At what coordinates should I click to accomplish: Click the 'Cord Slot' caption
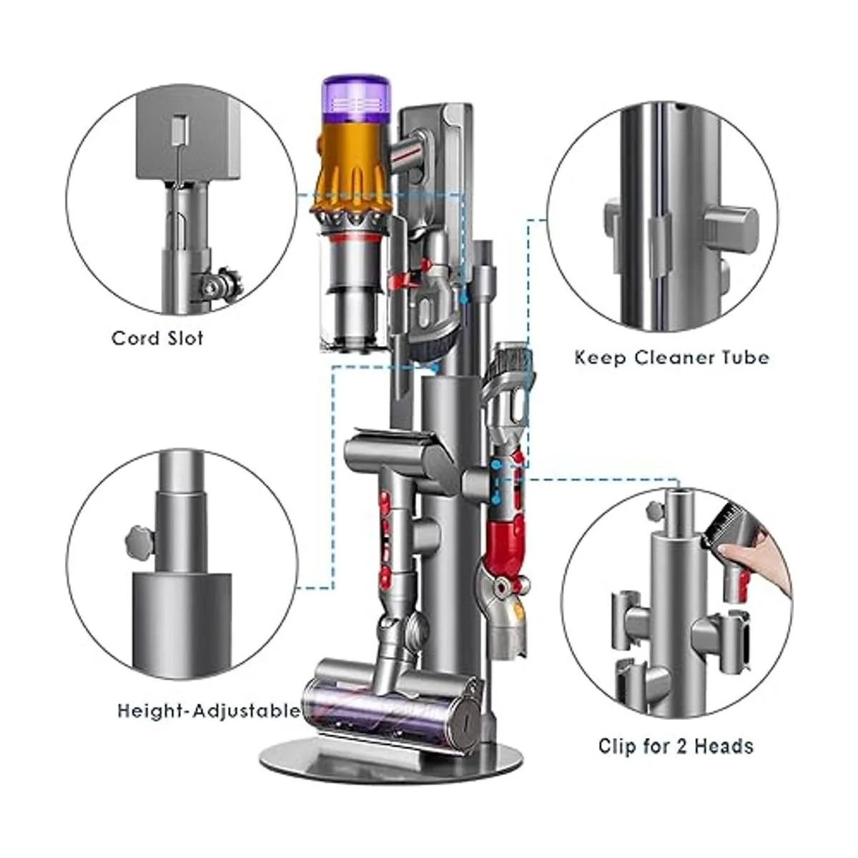click(157, 338)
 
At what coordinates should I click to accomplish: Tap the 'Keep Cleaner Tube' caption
click(672, 357)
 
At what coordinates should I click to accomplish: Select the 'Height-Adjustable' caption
click(208, 711)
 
